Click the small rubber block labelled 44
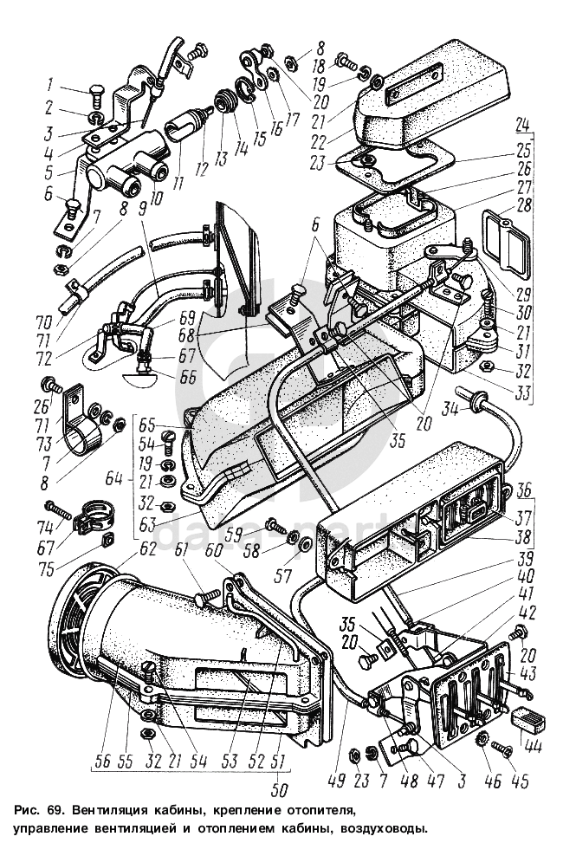coord(527,717)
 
